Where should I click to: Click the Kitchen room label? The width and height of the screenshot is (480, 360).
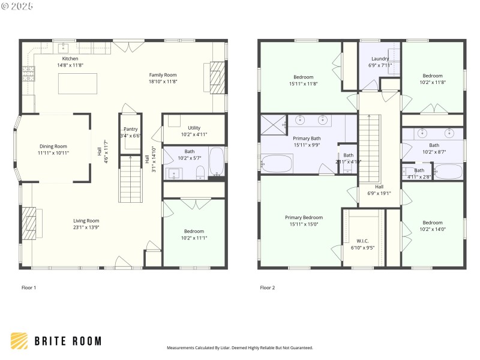(x=70, y=59)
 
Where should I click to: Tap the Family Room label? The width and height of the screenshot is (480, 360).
(x=163, y=75)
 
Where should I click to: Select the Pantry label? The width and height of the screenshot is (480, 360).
(x=130, y=129)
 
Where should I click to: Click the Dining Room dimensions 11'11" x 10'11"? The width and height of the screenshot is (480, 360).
(x=53, y=153)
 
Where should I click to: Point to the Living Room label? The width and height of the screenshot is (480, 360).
(x=86, y=221)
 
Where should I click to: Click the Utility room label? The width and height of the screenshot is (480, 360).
(x=194, y=128)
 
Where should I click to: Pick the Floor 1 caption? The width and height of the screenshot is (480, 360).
(x=29, y=288)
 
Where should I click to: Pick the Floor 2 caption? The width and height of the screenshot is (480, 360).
(x=267, y=288)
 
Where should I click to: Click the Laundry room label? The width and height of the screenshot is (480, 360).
(x=380, y=59)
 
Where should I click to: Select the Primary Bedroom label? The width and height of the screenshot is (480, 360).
(x=304, y=218)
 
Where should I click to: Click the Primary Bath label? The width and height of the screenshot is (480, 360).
(x=307, y=138)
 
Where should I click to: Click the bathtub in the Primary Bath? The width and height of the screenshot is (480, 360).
(x=277, y=163)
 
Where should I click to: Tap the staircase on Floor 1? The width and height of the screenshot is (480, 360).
(x=130, y=179)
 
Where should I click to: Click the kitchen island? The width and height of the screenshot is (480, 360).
(x=77, y=83)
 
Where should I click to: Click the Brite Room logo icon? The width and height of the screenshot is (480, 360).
(x=19, y=341)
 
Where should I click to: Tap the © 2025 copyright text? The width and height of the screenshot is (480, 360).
(x=17, y=6)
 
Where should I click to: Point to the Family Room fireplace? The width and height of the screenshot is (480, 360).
(x=218, y=78)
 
